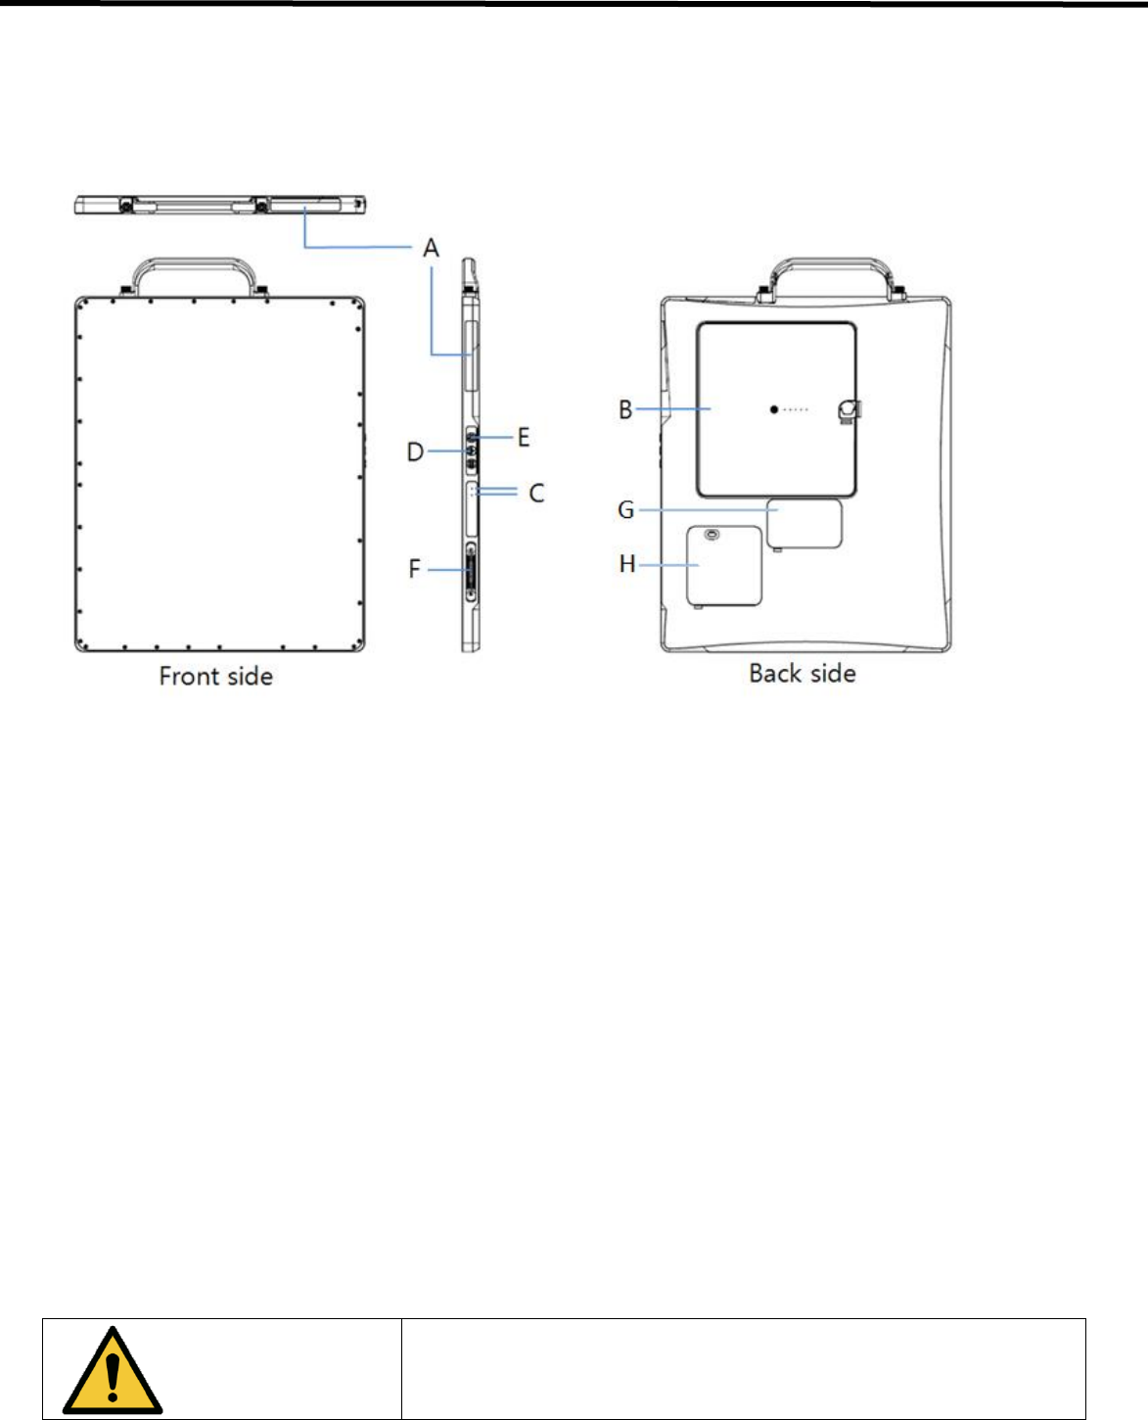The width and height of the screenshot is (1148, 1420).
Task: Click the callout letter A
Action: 431,248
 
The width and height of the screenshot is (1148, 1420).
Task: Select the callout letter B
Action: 625,409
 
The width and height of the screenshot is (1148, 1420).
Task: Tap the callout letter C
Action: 536,494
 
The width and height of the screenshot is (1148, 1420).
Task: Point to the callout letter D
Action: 415,452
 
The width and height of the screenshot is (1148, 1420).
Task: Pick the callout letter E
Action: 524,438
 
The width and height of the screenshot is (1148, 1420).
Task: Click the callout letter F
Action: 414,569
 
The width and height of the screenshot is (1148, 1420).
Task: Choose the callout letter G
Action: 625,510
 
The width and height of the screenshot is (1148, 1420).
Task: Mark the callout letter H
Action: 627,564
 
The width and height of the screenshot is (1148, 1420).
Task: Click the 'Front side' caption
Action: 216,676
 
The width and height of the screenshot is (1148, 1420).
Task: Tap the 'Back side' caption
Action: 803,674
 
